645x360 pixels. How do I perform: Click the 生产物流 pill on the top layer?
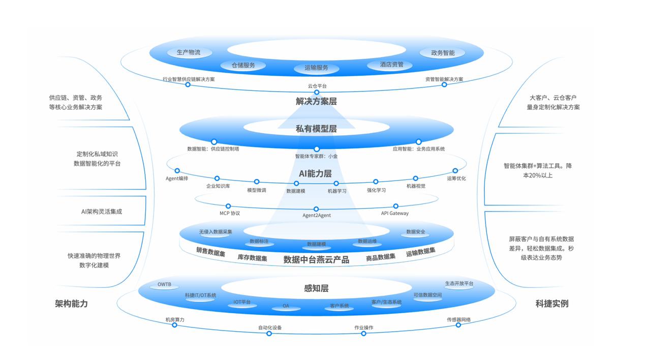189,52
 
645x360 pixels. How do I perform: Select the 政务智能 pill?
443,53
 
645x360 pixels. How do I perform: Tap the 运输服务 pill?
316,68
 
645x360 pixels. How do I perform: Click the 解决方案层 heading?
316,101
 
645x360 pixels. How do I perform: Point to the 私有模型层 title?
316,129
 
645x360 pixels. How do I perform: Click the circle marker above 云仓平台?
317,93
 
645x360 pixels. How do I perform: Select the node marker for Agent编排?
177,171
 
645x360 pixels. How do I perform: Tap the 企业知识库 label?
218,187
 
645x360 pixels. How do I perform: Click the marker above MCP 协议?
228,206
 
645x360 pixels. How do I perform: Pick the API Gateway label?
395,214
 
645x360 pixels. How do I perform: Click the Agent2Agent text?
317,216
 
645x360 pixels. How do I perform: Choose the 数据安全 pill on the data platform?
416,232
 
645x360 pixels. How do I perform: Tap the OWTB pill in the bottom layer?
164,285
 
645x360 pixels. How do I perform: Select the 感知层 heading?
316,288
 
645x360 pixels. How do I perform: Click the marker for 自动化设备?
269,334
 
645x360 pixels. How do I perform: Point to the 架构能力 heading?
71,304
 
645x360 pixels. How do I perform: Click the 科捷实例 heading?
552,304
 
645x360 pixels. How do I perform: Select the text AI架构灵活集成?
102,212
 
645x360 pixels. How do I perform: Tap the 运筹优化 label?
456,178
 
